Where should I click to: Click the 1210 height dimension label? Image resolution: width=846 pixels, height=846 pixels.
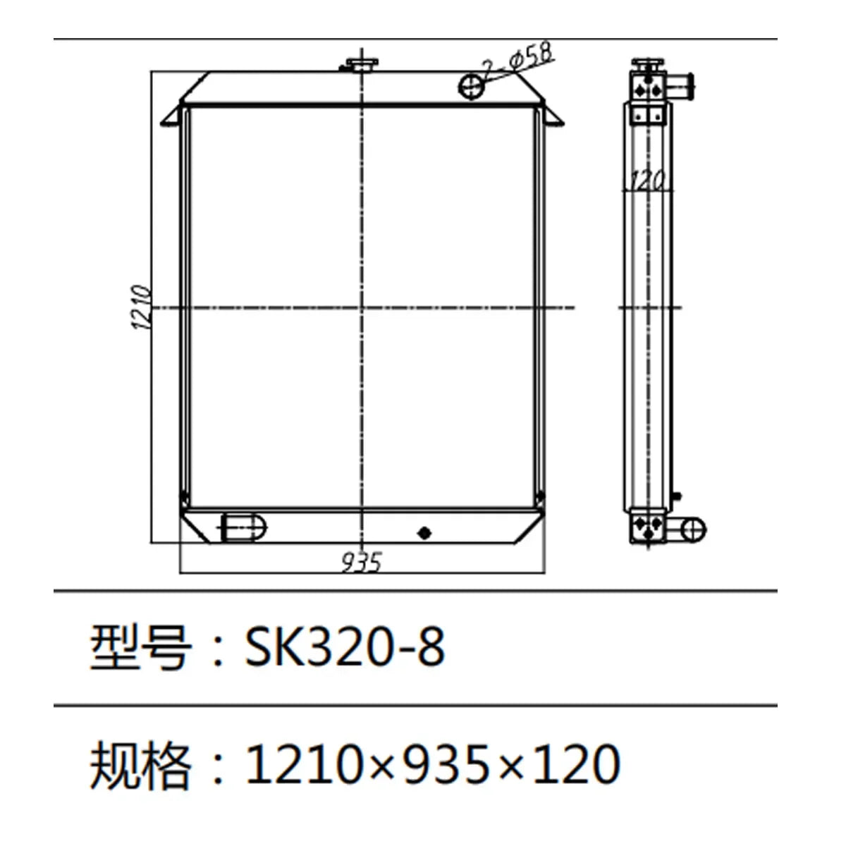coord(140,307)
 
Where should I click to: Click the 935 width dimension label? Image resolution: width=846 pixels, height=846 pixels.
coord(362,562)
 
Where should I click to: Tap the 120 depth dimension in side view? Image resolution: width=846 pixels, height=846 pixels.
coord(646,181)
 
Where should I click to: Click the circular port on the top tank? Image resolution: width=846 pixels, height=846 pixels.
coord(471,87)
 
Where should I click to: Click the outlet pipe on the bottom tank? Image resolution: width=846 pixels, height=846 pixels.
coord(244,527)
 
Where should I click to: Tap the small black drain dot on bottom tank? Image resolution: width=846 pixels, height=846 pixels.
coord(424,532)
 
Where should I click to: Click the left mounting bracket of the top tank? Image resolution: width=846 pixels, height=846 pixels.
coord(173,116)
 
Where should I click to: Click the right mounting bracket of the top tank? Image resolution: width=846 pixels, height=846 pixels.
coord(553,116)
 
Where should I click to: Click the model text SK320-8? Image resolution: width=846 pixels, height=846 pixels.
coord(345,647)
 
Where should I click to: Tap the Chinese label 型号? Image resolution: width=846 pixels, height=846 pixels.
coord(140,647)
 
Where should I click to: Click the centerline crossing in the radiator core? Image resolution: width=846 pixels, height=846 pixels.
coord(362,307)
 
